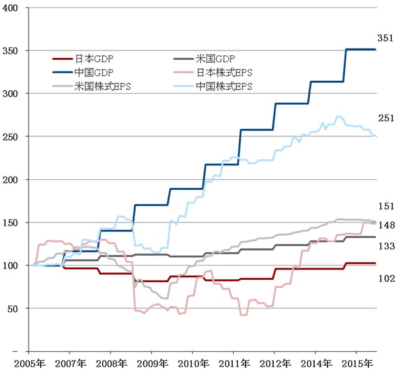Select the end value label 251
(x=386, y=118)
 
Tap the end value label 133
(x=386, y=247)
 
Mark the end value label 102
(x=386, y=278)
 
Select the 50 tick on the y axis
(x=13, y=308)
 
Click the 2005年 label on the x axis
(x=29, y=363)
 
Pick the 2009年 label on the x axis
(x=151, y=363)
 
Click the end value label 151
(x=386, y=206)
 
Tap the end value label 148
(x=386, y=225)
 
